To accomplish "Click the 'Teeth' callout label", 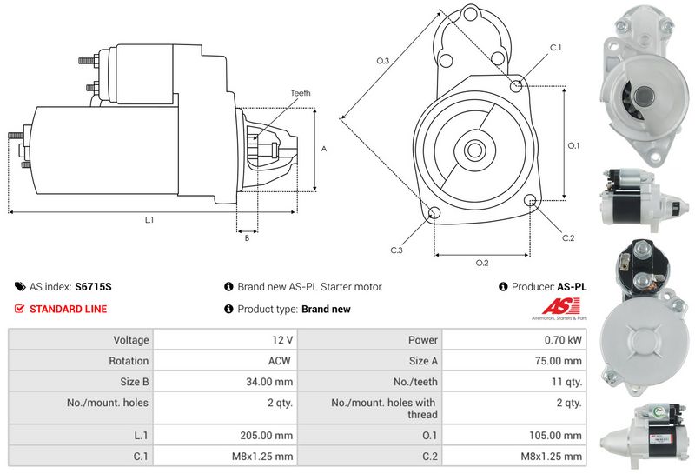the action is tap(301, 93).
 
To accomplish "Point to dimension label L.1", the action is tap(149, 220).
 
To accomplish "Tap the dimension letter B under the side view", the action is tap(247, 238).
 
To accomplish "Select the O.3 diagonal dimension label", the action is tap(383, 60).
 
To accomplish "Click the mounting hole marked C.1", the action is tap(516, 85).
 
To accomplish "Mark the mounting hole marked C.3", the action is tap(434, 212).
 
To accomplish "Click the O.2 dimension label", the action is tap(482, 263).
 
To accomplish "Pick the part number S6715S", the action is tap(93, 287).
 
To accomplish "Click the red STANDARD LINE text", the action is tap(69, 309).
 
